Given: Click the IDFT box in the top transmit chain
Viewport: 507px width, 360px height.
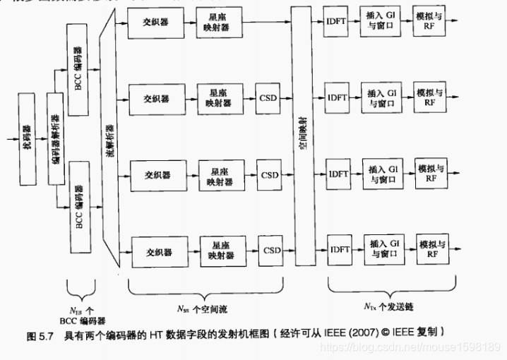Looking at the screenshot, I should coord(335,22).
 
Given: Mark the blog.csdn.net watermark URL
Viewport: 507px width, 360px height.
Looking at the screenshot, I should coord(410,347).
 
